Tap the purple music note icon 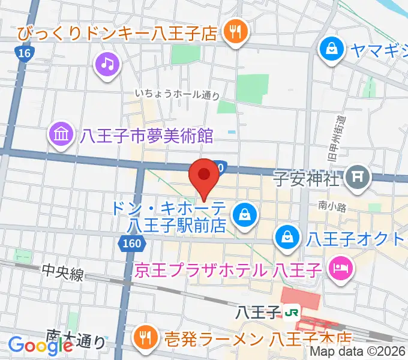point(107,64)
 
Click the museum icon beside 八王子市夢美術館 point(62,134)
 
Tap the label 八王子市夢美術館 point(147,136)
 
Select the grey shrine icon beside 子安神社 point(358,177)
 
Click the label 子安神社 point(307,178)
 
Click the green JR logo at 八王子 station point(293,313)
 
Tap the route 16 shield point(23,53)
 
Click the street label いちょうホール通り point(177,94)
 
